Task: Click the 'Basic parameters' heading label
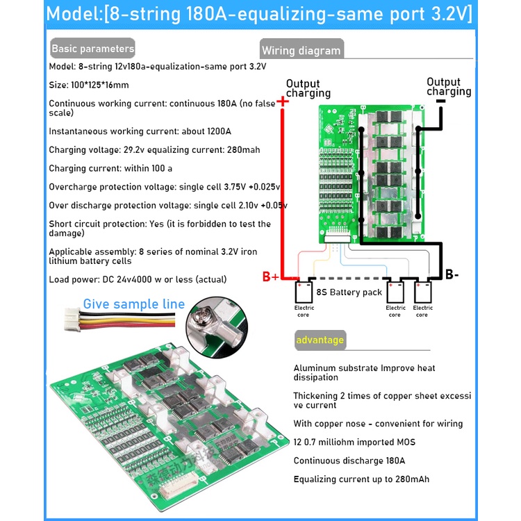tap(92, 49)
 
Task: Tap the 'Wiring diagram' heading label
tap(301, 50)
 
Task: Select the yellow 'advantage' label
tap(320, 340)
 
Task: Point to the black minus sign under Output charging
tap(440, 101)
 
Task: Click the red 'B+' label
tap(271, 276)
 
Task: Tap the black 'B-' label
tap(452, 274)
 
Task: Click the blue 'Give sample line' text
tap(134, 304)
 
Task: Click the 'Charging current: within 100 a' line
tap(110, 168)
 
